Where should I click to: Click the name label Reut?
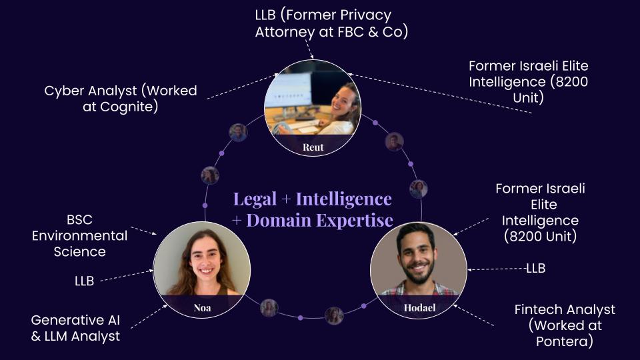click(x=313, y=147)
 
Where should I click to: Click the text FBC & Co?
click(x=382, y=31)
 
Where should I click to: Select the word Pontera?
click(x=565, y=341)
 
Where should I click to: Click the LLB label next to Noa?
click(x=84, y=281)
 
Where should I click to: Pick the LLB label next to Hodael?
click(x=535, y=268)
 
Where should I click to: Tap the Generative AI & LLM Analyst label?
click(x=75, y=328)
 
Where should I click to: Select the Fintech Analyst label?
click(x=565, y=310)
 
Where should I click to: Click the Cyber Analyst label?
click(x=120, y=91)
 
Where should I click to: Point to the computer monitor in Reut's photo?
click(x=289, y=89)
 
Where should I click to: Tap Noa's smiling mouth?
click(x=203, y=272)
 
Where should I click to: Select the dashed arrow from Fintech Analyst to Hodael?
click(x=475, y=316)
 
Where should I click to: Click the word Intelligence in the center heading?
click(x=343, y=199)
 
